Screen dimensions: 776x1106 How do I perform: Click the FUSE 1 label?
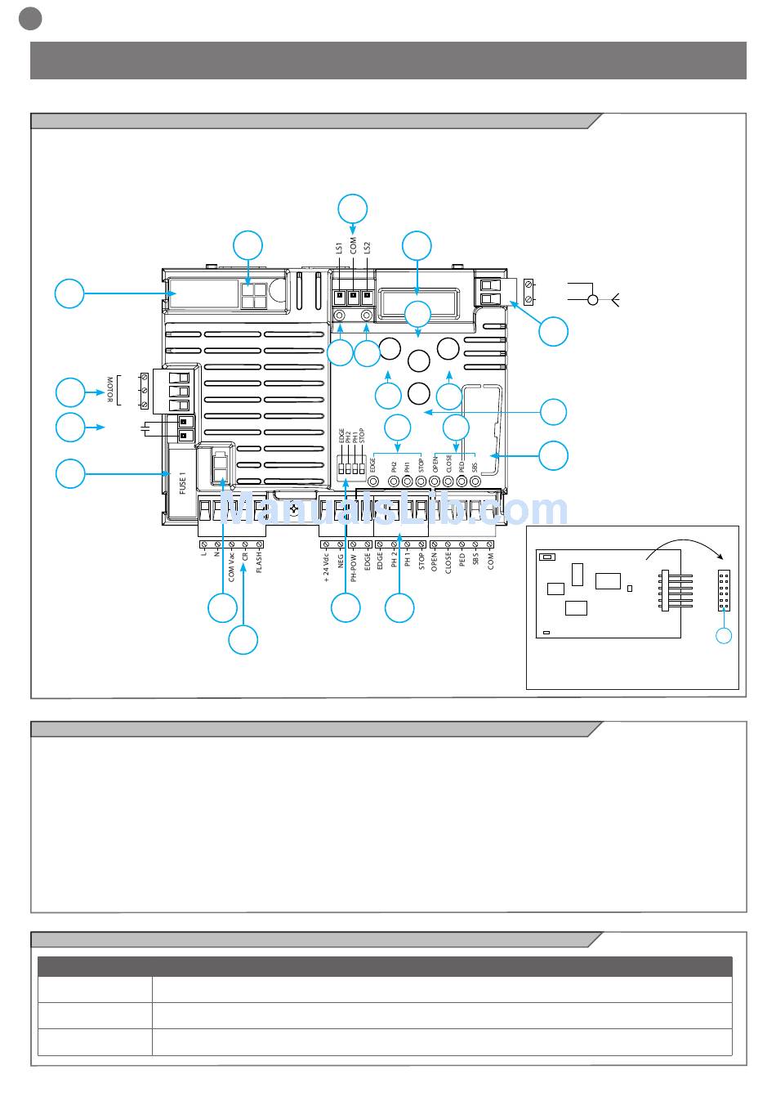[x=183, y=482]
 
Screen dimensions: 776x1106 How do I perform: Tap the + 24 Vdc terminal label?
[x=326, y=566]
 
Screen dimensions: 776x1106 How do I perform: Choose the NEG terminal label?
[x=340, y=562]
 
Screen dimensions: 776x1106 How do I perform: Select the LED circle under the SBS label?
[x=475, y=481]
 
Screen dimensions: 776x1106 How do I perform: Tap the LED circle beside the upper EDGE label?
[x=374, y=481]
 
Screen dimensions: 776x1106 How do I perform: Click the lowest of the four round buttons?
[x=419, y=393]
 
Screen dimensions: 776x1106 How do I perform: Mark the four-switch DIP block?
[x=350, y=470]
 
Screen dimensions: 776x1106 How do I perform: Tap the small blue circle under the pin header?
[x=724, y=635]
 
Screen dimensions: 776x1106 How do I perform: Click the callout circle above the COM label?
[x=353, y=208]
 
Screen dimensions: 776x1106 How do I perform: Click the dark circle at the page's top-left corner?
[x=30, y=18]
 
